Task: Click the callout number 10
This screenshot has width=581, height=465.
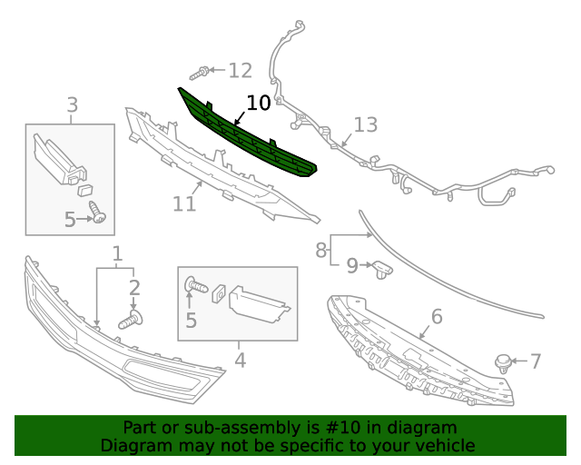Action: tap(258, 103)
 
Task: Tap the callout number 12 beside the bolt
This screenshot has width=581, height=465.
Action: tap(240, 70)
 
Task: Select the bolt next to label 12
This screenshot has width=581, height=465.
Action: tap(203, 70)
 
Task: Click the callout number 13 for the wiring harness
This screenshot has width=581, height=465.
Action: tap(365, 125)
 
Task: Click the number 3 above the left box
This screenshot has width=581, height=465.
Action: tap(72, 105)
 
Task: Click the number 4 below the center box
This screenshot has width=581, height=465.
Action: tap(240, 360)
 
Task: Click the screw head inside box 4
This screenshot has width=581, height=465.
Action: tap(191, 285)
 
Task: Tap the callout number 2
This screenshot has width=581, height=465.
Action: tap(134, 288)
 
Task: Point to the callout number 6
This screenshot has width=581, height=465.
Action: tap(436, 316)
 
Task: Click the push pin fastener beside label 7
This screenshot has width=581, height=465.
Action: tap(501, 362)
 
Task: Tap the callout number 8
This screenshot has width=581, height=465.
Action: tap(320, 249)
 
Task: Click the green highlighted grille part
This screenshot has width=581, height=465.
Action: tap(245, 134)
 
